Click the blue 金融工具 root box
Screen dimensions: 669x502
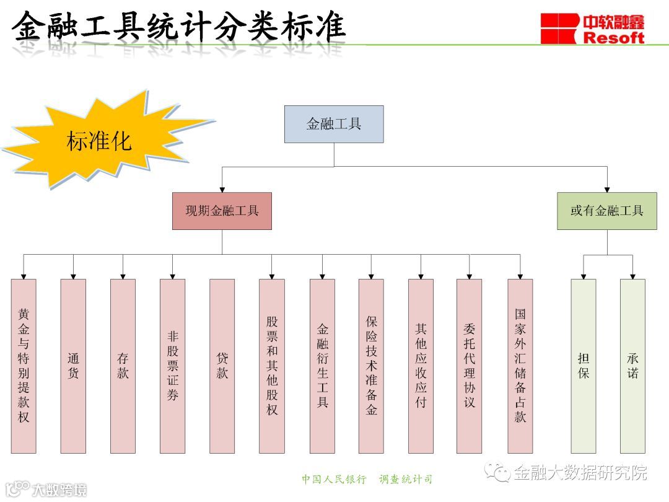click(334, 124)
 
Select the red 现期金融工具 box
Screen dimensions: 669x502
click(222, 211)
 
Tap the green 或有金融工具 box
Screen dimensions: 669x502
click(606, 211)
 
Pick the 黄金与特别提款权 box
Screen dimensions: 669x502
click(24, 366)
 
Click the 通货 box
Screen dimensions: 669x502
click(73, 366)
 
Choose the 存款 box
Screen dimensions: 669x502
click(123, 366)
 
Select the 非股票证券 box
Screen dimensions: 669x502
click(172, 366)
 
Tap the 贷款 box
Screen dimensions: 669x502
click(222, 366)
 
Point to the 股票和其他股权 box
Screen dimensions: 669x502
click(272, 366)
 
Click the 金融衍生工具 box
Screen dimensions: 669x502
click(322, 366)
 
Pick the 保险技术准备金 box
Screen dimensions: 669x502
click(371, 366)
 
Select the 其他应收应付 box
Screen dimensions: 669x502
click(421, 366)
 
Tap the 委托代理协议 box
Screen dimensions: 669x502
click(469, 366)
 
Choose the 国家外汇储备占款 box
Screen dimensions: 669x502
click(520, 366)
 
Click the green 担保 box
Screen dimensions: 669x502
click(583, 366)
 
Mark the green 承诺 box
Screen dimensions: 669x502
click(632, 366)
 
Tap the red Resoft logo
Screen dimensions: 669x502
click(592, 29)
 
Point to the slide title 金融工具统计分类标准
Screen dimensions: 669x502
click(178, 26)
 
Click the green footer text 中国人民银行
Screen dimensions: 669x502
click(334, 479)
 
